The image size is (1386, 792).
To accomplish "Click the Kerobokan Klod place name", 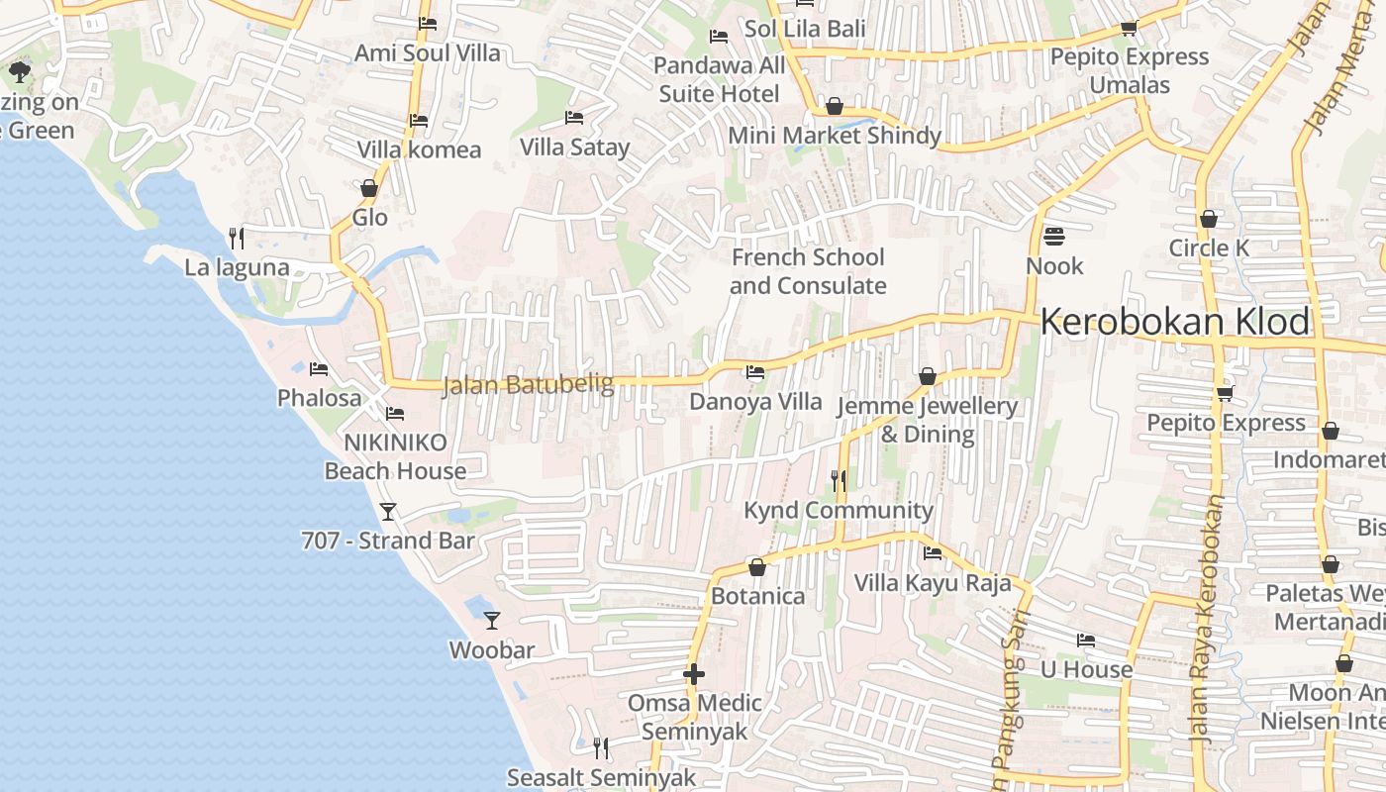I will tap(1175, 323).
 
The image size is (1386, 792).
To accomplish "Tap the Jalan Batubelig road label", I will tap(528, 385).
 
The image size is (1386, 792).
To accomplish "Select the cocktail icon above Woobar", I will tap(492, 621).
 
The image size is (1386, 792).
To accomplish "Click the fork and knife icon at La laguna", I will tap(237, 238).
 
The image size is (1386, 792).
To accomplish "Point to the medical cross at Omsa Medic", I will tap(694, 674).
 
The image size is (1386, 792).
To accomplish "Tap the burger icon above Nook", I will tap(1054, 237).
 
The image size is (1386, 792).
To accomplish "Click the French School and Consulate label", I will tap(808, 271).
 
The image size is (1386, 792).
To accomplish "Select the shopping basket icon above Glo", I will tap(369, 188).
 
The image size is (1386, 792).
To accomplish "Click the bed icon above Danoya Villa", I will tap(755, 372).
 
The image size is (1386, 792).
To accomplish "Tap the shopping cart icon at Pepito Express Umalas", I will tap(1129, 28).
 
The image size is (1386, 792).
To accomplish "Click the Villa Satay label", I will tap(575, 148).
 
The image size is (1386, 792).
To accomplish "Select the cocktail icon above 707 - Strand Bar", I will tap(388, 511).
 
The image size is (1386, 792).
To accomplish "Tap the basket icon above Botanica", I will tap(757, 567).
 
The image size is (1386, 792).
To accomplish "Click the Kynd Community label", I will tap(839, 510).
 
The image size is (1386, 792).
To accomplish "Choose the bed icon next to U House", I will tap(1086, 641).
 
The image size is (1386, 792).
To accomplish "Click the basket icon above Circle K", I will tap(1208, 219).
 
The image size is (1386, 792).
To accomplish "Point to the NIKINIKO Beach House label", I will tap(395, 456).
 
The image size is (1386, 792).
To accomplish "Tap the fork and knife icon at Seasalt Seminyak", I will tap(601, 747).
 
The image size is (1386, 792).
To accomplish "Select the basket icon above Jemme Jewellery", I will tap(928, 376).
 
